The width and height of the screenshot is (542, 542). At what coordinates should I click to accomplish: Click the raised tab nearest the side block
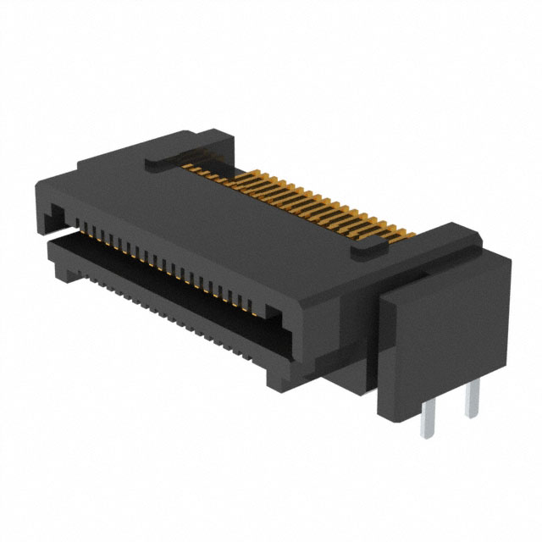coord(367,247)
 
